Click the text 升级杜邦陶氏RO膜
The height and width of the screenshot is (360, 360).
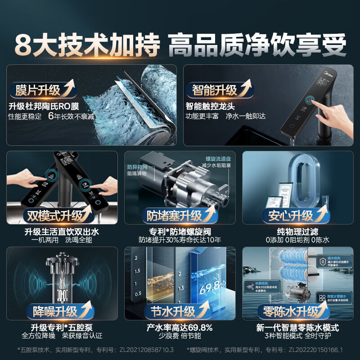pyautogui.click(x=44, y=107)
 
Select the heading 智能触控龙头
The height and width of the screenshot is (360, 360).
pyautogui.click(x=210, y=107)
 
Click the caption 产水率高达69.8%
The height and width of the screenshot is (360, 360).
pyautogui.click(x=180, y=327)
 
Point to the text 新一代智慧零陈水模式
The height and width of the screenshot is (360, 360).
pyautogui.click(x=297, y=327)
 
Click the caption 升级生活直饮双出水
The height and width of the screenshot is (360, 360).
pyautogui.click(x=62, y=231)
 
